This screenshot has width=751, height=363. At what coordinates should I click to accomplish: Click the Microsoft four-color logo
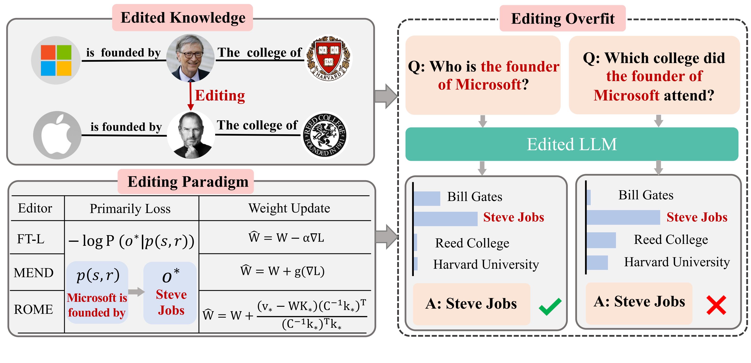tap(56, 60)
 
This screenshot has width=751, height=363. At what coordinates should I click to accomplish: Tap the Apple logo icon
tap(57, 135)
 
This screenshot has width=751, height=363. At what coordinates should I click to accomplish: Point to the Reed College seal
tap(324, 135)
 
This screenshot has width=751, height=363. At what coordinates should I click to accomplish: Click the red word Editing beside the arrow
tap(220, 95)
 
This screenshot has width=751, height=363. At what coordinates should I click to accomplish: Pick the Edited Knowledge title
tap(183, 17)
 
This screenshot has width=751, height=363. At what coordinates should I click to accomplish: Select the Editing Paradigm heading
tap(188, 181)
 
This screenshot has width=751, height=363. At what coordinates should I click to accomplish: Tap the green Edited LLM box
tap(572, 144)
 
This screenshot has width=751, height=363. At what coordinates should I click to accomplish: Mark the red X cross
tap(716, 305)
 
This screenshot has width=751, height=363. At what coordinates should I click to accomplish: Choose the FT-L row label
tap(31, 239)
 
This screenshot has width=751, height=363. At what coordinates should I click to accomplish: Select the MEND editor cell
tap(34, 273)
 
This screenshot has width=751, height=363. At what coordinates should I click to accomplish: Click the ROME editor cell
tap(34, 309)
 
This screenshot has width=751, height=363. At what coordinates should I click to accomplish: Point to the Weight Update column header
tap(289, 208)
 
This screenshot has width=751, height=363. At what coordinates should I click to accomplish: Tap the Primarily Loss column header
tap(130, 209)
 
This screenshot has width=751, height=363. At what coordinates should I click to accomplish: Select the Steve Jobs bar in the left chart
tap(445, 219)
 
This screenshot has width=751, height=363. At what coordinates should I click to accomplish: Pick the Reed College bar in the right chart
tap(601, 240)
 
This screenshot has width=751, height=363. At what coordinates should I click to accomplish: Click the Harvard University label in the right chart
tap(677, 262)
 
